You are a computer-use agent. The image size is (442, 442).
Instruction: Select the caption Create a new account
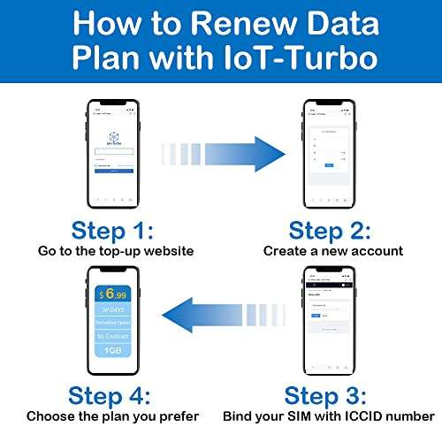tap(333, 251)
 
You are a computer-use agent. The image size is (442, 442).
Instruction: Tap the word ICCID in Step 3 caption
tap(352, 415)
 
